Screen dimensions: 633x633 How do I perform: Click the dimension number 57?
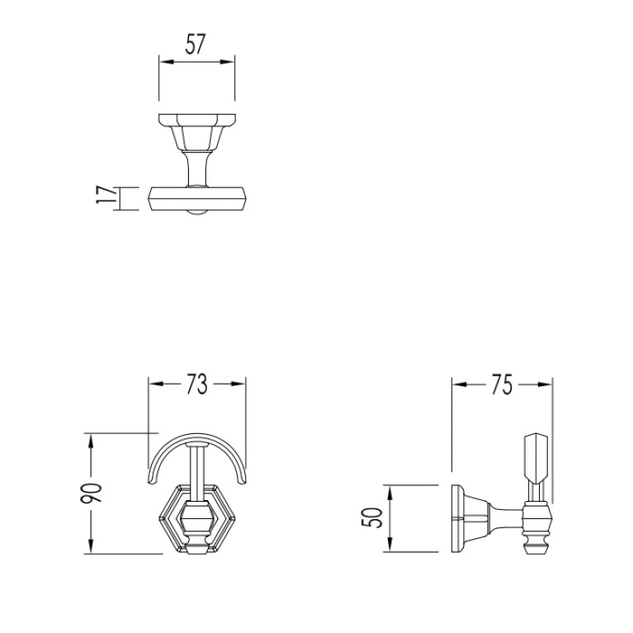coord(196,44)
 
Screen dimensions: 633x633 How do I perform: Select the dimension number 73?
coord(196,384)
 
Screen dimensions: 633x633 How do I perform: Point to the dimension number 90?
coord(92,493)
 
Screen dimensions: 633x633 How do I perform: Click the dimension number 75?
coord(502,385)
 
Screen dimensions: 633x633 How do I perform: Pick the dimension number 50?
coord(372,518)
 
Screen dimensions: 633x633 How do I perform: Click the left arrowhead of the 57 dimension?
coord(166,62)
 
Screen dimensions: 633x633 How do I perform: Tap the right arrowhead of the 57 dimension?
coord(227,62)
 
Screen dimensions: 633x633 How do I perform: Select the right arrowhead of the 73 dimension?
coord(239,384)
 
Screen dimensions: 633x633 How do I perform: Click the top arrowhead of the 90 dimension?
coord(91,441)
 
